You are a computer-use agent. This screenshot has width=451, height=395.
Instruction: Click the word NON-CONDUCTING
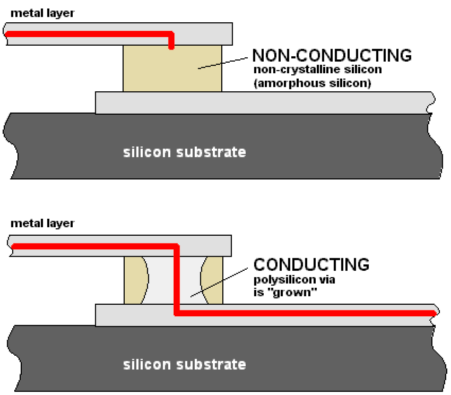[x=332, y=55]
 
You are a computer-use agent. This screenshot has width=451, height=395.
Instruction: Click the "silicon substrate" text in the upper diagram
[x=185, y=152]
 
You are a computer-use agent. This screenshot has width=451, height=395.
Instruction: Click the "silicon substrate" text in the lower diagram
[x=185, y=365]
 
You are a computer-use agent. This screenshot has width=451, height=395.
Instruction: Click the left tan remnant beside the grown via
[x=132, y=280]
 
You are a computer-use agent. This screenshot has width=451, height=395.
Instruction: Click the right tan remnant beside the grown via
[x=214, y=280]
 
